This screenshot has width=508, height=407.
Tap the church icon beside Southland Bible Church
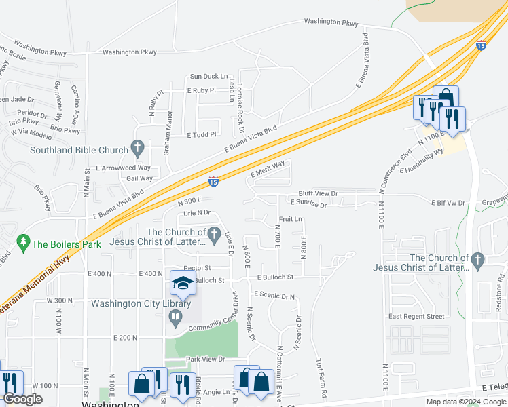coord(137,147)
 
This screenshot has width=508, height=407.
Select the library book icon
coord(176,315)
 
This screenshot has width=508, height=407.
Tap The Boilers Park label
coord(67,244)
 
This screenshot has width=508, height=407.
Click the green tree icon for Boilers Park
coord(24,242)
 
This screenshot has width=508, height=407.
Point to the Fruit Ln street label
coord(290,219)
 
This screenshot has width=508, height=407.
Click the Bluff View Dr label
coord(318,193)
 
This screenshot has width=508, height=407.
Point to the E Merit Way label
coord(267,172)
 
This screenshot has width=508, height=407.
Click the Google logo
coord(23,399)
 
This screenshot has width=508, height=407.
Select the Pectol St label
coord(198,268)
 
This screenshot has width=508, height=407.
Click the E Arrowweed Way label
coord(123,167)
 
